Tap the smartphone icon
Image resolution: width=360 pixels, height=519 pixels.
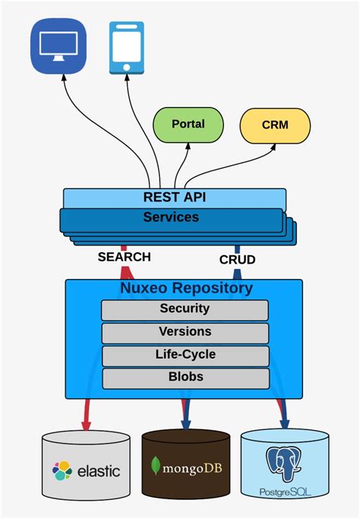pos(126,48)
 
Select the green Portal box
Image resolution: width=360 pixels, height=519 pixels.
pos(188,125)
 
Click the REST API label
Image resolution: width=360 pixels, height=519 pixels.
pos(175,198)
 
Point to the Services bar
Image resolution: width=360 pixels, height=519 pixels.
pos(172,217)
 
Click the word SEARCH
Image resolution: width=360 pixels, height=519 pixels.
pos(124,257)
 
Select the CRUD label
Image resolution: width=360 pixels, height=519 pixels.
pos(237,259)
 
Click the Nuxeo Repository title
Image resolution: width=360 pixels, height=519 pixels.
pos(186,289)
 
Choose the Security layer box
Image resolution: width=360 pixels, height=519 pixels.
pos(185,309)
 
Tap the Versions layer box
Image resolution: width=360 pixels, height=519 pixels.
pos(185,332)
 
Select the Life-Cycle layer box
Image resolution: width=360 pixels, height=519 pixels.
pos(185,355)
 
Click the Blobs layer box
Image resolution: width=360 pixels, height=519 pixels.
pos(185,377)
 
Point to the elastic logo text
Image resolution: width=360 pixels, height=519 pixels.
pos(97,471)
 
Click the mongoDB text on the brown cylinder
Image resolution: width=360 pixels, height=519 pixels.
pos(193,466)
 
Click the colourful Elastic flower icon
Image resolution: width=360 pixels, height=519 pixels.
pos(62,471)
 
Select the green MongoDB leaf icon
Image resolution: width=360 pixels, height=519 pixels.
pos(156,466)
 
